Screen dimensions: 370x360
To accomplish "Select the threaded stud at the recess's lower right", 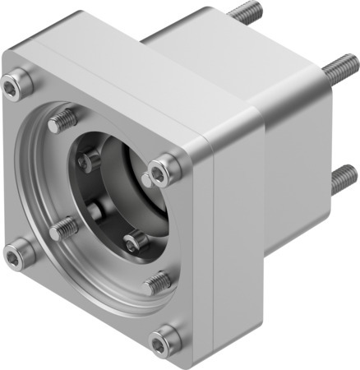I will [x=157, y=282].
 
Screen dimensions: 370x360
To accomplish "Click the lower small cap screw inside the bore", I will [x=135, y=241].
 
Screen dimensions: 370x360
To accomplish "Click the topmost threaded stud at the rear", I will [x=245, y=12].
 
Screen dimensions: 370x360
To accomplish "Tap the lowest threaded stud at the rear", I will [x=344, y=178].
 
